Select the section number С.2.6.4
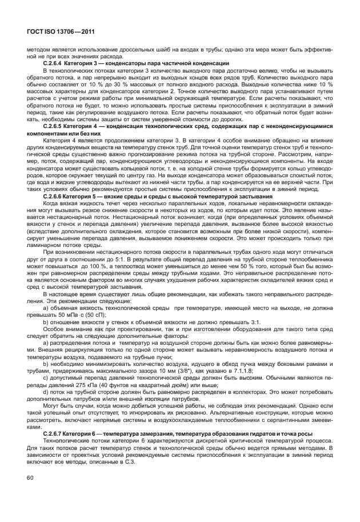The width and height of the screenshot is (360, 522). pos(55,62)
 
